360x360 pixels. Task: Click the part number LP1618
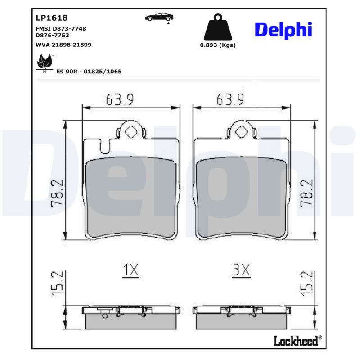point(51,18)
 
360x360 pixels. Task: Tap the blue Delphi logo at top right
point(283,30)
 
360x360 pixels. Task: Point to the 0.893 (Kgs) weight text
point(218,45)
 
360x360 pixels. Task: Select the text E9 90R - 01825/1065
point(89,72)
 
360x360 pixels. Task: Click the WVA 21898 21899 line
point(63,45)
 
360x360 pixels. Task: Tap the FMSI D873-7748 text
point(61,28)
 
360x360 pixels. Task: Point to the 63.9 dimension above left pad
point(120,99)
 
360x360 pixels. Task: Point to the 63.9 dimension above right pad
point(230,99)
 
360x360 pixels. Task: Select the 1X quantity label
point(130,270)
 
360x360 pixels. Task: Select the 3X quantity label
point(241,270)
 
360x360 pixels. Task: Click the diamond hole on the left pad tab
point(131,132)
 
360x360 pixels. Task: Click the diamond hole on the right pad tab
point(242,132)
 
